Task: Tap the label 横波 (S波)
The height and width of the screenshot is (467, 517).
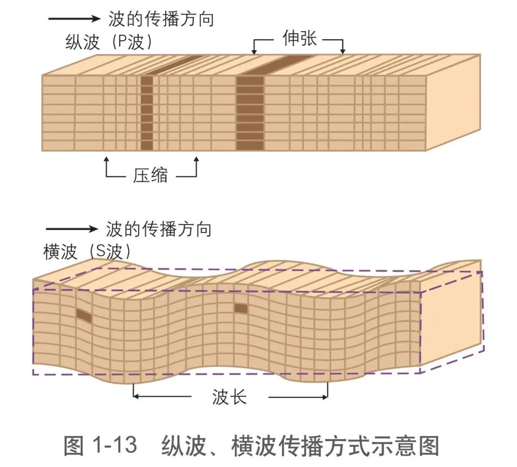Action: [87, 251]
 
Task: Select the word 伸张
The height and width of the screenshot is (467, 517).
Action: [300, 39]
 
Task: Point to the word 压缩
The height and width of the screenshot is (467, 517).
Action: [150, 175]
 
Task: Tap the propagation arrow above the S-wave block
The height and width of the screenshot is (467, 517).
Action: [71, 228]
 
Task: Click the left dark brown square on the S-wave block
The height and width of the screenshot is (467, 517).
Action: [84, 315]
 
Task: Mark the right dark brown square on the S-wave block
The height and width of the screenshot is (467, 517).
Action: [241, 308]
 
